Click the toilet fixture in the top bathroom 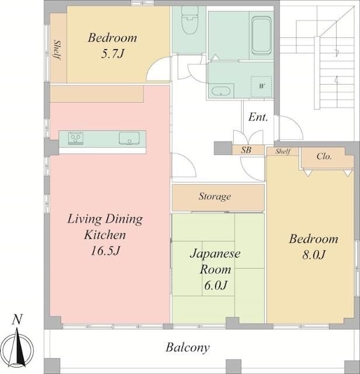(x=190, y=20)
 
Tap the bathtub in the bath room (x=261, y=36)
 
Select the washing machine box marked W (x=261, y=86)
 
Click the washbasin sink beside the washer (x=221, y=91)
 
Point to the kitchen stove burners (x=75, y=138)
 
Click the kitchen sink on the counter (x=129, y=138)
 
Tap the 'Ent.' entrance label (x=258, y=117)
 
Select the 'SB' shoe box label (x=246, y=150)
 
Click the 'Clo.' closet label (x=324, y=156)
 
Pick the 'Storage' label (x=214, y=196)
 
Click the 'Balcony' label (x=188, y=348)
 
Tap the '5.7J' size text (x=113, y=54)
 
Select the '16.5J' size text (x=105, y=251)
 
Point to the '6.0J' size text (x=216, y=285)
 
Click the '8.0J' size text (x=314, y=255)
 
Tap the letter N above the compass (x=17, y=320)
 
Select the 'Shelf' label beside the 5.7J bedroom (x=57, y=50)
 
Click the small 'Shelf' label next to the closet (x=283, y=151)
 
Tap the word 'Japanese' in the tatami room (x=215, y=254)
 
